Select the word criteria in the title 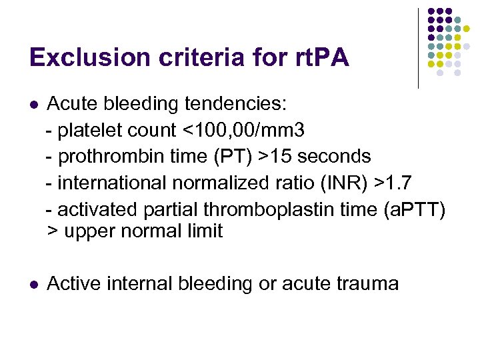point(193,58)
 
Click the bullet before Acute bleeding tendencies point(34,105)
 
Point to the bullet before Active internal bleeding point(34,285)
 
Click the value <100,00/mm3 point(245,130)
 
